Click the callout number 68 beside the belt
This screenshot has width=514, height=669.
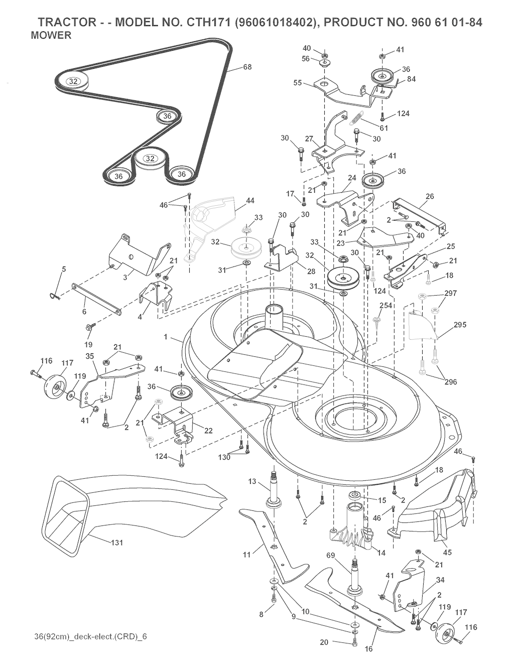247,67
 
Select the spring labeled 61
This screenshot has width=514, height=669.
357,118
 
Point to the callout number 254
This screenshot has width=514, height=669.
386,306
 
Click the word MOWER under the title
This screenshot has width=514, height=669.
51,36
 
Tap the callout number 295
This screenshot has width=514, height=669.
460,325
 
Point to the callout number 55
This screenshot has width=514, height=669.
298,83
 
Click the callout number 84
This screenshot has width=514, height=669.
412,79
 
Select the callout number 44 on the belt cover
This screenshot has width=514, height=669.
250,201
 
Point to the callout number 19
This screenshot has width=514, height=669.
89,344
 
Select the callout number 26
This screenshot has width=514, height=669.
430,196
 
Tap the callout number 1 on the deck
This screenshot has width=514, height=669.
166,337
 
